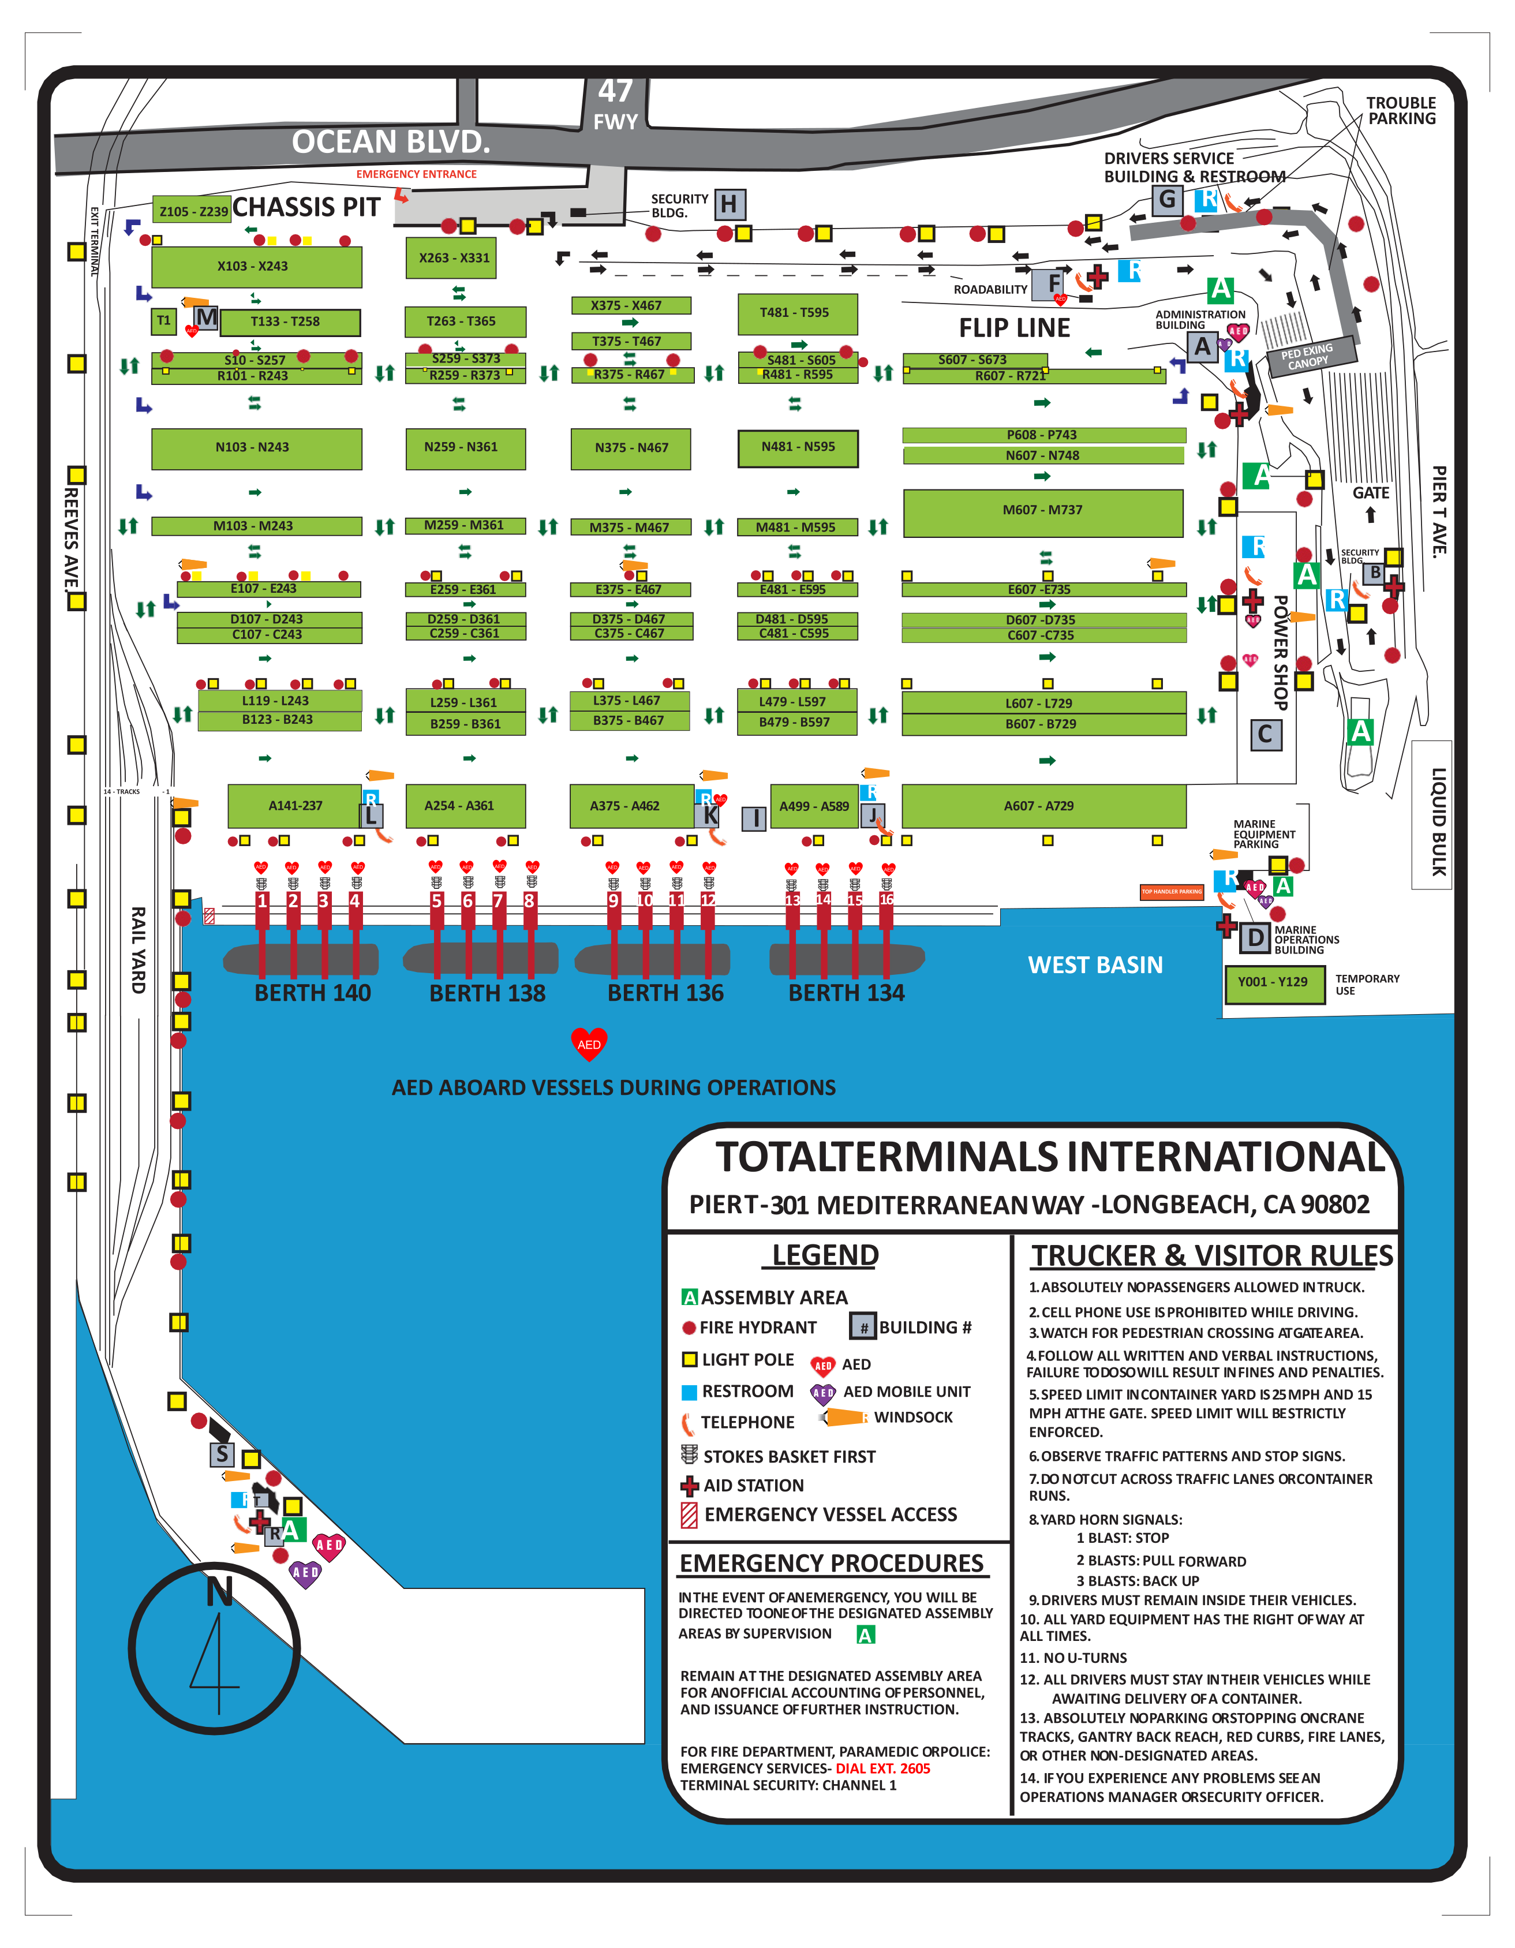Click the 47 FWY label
click(615, 104)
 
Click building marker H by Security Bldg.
click(728, 205)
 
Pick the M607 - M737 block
click(1042, 511)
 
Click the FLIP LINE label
click(1014, 328)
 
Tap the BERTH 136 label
click(665, 993)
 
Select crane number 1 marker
click(262, 901)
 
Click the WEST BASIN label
click(1095, 965)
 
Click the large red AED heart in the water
click(589, 1044)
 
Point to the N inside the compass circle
click(219, 1591)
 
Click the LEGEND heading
click(825, 1255)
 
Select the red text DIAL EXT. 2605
click(883, 1768)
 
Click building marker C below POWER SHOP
click(1265, 735)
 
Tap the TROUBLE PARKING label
click(1401, 111)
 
